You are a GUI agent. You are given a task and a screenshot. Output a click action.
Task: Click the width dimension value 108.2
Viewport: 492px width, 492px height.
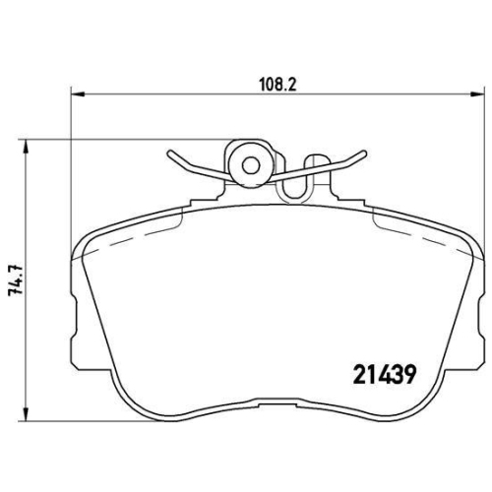tap(277, 85)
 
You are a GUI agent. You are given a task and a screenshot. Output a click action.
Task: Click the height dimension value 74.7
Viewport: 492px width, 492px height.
tap(17, 279)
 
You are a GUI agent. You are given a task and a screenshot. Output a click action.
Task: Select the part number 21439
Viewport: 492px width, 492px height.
tap(385, 374)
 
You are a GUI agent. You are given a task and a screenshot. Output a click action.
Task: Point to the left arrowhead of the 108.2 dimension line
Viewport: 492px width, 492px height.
tap(78, 94)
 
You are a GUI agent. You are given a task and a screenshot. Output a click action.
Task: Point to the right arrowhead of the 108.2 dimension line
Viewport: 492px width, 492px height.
tap(477, 94)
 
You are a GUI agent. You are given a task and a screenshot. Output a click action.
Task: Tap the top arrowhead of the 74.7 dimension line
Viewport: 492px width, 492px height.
tap(26, 147)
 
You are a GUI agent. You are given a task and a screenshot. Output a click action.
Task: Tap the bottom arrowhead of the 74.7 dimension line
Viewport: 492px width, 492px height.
tap(26, 414)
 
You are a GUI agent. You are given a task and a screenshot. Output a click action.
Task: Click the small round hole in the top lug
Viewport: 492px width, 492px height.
tap(251, 166)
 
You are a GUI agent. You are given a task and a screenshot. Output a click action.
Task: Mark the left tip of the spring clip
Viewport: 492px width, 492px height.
tap(169, 154)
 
